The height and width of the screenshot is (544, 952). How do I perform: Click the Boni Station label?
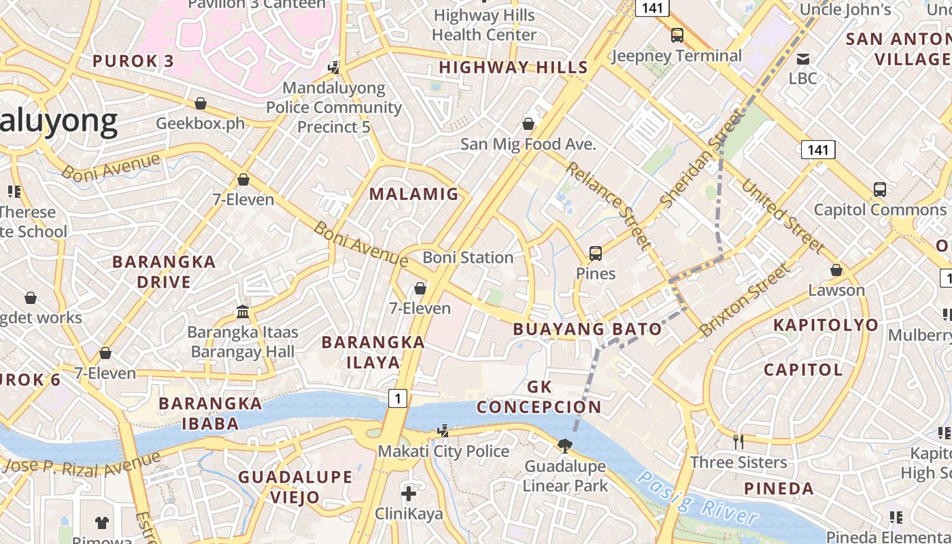coord(468,258)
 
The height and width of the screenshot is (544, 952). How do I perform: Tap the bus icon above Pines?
coord(596,254)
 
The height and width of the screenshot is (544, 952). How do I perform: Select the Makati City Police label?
coord(443,452)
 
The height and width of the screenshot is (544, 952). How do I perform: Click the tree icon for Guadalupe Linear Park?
coord(564,446)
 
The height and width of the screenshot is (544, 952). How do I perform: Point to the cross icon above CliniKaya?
coord(409,494)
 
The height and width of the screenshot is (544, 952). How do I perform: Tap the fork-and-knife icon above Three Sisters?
coord(738,442)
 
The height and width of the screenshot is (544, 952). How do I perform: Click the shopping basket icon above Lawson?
coord(836,270)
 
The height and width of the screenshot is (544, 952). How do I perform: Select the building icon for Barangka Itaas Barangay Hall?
coord(242,311)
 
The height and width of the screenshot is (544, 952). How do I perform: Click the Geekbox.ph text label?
coord(200,124)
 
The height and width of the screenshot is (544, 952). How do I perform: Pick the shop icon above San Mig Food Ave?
coord(528,124)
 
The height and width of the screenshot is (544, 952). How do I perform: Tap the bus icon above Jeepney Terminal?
coord(677,35)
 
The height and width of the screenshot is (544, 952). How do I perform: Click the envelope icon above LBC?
coord(803,58)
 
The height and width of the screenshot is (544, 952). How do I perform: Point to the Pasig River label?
coord(697,498)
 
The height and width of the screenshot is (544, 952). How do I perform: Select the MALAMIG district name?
coord(414,194)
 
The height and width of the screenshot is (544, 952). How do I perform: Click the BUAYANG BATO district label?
coord(587,329)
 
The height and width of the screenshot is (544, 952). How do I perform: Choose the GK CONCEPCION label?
coord(539,397)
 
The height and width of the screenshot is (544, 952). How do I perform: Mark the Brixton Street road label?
coord(745,300)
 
